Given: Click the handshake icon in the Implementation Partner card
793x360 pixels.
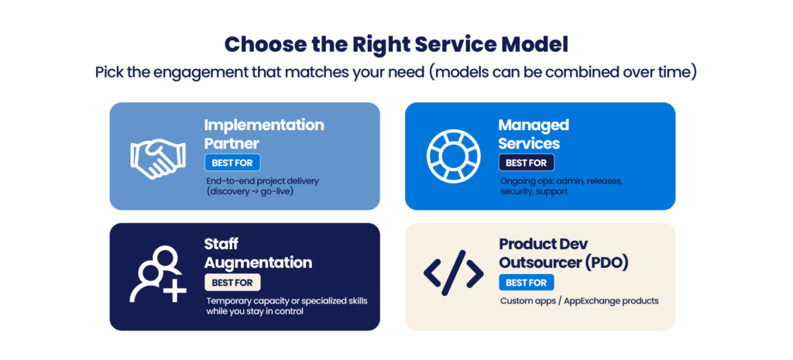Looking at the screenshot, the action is (x=158, y=158).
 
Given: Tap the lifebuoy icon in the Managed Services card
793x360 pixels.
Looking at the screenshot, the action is (x=453, y=156).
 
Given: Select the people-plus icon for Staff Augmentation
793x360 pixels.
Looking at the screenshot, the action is (x=158, y=275).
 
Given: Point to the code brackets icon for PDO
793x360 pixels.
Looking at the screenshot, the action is (x=453, y=273).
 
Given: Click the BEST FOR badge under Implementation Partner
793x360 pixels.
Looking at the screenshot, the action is (x=232, y=163).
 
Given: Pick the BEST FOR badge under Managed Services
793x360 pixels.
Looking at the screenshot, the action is (x=526, y=163).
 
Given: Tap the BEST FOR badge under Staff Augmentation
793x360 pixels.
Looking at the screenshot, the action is (x=232, y=282).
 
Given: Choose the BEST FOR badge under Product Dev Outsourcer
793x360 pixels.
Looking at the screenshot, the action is (x=526, y=282).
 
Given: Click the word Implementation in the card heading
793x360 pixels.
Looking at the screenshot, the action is (x=264, y=125).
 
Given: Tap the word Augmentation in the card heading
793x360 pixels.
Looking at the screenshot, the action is (x=258, y=262).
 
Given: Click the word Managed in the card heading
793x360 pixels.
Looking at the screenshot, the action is (x=534, y=125).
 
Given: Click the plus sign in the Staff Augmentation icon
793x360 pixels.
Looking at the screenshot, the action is (x=175, y=291).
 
